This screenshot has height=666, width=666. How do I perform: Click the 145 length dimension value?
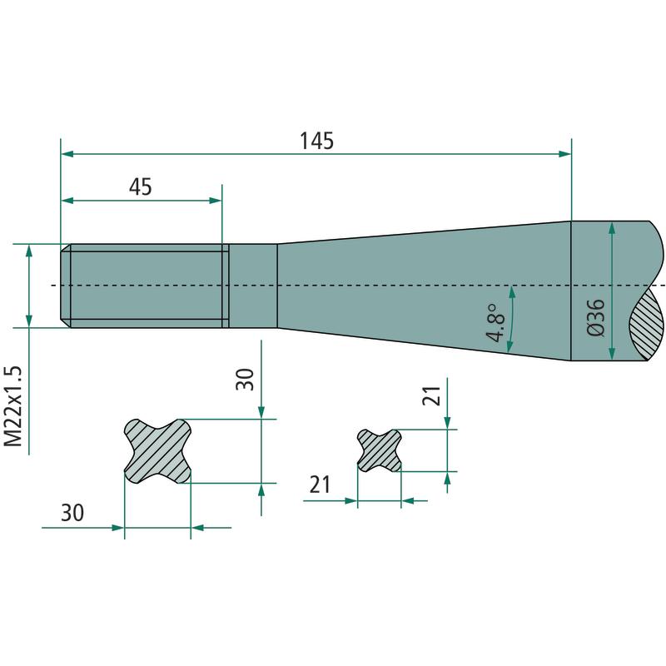(x=317, y=141)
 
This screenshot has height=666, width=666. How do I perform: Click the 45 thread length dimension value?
(x=140, y=186)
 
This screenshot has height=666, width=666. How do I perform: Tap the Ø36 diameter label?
(x=595, y=318)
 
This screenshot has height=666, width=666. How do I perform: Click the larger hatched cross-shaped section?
(x=157, y=450)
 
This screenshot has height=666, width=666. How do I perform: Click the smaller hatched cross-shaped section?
(x=380, y=450)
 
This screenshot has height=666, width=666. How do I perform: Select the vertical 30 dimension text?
(x=245, y=380)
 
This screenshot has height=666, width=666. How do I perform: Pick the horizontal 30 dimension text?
(x=72, y=513)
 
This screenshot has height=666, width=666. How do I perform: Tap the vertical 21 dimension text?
(x=431, y=395)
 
